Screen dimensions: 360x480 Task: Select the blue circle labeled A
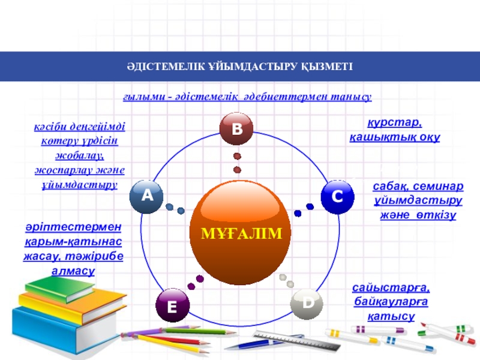tap(147, 196)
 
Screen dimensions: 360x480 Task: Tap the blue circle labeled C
tap(337, 197)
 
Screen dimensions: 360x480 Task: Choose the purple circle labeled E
tap(172, 306)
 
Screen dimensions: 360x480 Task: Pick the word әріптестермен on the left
tap(73, 228)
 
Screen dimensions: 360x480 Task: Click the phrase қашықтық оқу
tap(395, 137)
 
